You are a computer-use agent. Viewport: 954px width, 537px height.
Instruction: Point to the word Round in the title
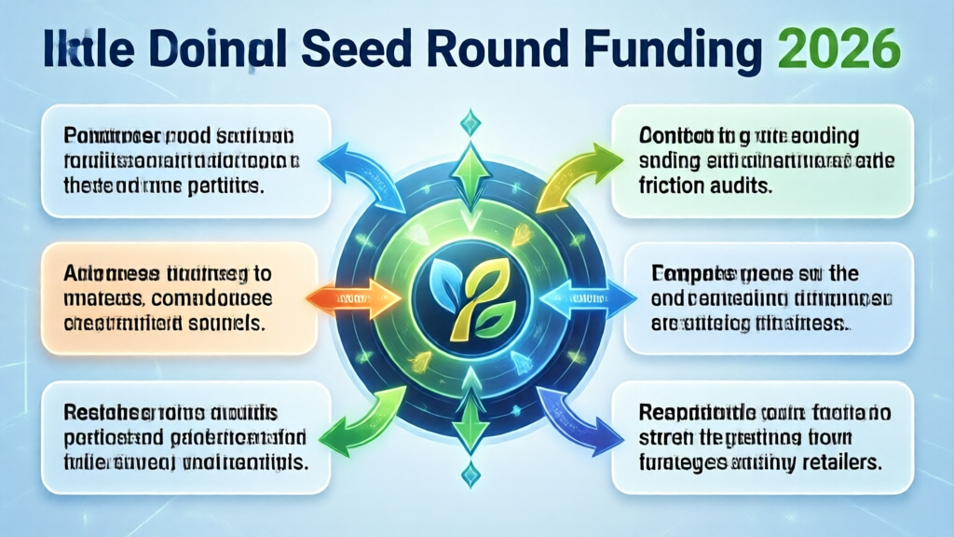[x=509, y=51]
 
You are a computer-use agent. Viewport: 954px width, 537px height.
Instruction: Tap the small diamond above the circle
[x=472, y=119]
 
